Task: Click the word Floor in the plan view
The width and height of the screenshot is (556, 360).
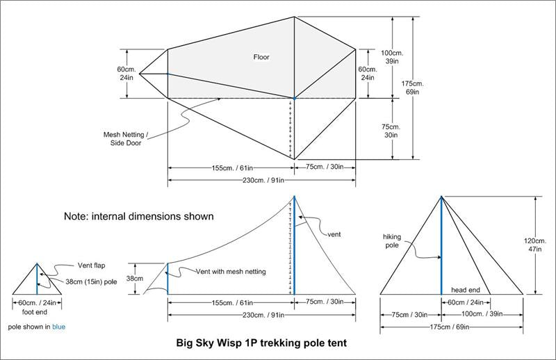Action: (x=261, y=58)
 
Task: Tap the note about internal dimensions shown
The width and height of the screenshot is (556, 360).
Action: (x=138, y=216)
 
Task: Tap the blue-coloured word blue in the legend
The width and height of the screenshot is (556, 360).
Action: (x=58, y=326)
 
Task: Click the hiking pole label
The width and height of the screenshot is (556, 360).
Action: (x=396, y=240)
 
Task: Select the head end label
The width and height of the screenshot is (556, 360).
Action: (x=466, y=289)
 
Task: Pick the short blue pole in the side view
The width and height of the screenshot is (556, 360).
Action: (x=167, y=279)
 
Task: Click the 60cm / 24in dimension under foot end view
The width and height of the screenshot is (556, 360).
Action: (x=38, y=302)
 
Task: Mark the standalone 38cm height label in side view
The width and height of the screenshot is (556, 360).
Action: (x=140, y=279)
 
